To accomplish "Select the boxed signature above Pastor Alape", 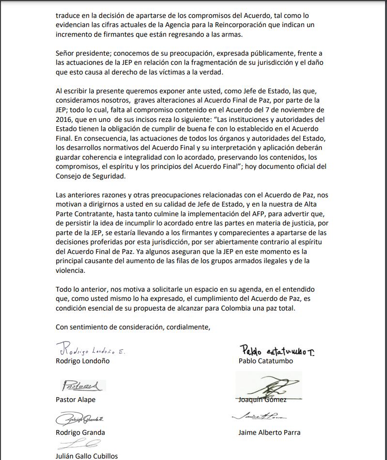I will pyautogui.click(x=83, y=386).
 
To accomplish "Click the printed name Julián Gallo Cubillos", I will pyautogui.click(x=87, y=456).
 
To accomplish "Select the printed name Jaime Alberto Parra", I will pyautogui.click(x=269, y=432).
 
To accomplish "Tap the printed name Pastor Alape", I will pyautogui.click(x=76, y=400).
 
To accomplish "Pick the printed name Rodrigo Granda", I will pyautogui.click(x=80, y=432).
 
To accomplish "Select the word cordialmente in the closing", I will pyautogui.click(x=188, y=327).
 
